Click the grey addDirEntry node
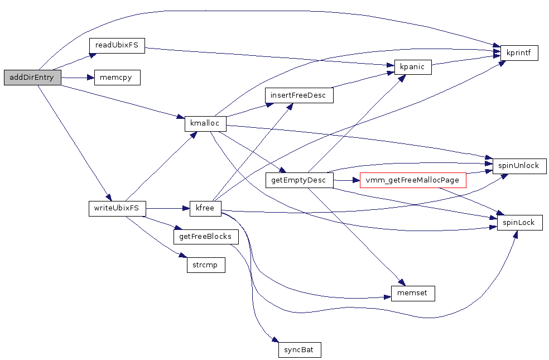(32, 78)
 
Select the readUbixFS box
(117, 45)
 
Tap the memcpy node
(117, 78)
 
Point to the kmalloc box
(205, 123)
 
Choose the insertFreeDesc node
(299, 95)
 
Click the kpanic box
(412, 67)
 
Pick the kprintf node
(519, 53)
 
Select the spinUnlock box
(519, 166)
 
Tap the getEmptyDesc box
(299, 180)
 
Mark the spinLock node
(519, 223)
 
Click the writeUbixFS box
(117, 209)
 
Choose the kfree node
(205, 209)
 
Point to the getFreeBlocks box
(206, 237)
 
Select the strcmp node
(205, 265)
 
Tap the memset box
(412, 293)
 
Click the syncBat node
(300, 350)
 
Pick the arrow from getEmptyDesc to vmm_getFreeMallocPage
(346, 180)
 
